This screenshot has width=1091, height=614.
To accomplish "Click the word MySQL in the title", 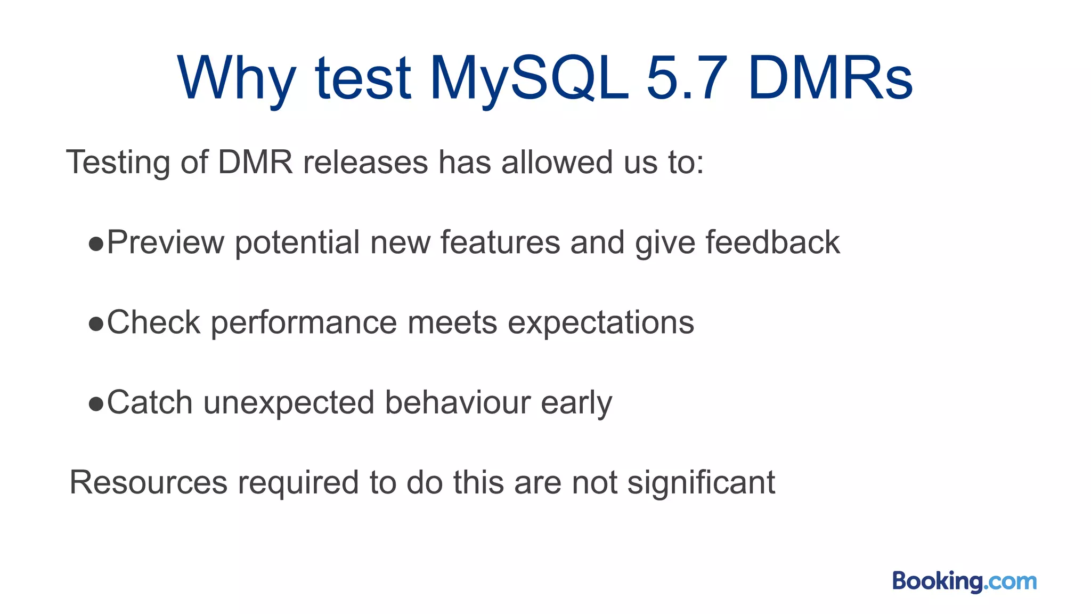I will (529, 79).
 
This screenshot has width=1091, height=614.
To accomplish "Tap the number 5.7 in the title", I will (687, 79).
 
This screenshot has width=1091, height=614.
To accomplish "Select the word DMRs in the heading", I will (831, 79).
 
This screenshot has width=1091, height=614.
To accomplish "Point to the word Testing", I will (118, 162).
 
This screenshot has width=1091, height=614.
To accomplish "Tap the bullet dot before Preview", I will (96, 244).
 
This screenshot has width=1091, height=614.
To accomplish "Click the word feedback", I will (772, 243).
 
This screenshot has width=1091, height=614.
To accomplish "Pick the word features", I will (500, 243).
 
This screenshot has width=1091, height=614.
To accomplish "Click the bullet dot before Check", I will (96, 324).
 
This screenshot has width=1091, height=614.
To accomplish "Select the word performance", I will (304, 323).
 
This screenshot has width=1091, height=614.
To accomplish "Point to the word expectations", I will (601, 323).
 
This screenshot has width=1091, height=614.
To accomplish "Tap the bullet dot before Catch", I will (96, 404).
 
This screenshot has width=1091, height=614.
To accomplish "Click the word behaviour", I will (458, 402).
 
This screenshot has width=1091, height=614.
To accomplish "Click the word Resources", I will (148, 483).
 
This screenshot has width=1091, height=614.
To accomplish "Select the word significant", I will (701, 483).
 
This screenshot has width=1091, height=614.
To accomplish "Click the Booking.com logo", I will (964, 581).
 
